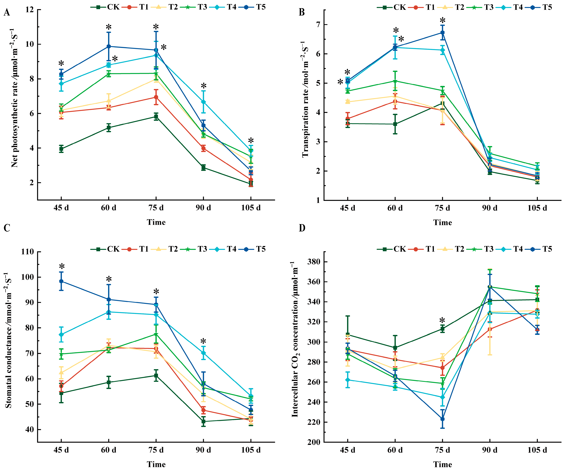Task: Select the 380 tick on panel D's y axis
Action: click(x=314, y=262)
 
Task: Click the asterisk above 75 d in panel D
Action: click(x=442, y=321)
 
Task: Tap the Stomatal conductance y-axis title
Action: click(x=9, y=340)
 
